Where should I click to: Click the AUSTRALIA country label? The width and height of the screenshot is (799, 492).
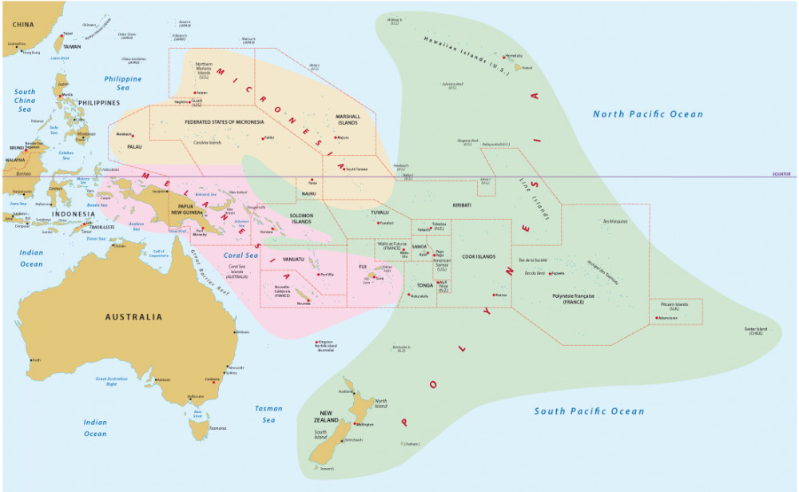[133, 317]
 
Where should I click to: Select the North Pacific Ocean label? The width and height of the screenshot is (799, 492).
[648, 114]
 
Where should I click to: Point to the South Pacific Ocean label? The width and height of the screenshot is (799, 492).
[589, 411]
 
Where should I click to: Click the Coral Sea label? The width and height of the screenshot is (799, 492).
[241, 256]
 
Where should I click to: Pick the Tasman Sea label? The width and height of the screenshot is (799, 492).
[268, 414]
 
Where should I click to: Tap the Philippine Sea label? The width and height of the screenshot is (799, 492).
[122, 84]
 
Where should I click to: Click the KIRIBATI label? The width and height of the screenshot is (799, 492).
[462, 205]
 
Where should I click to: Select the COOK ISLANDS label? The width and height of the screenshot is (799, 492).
[479, 256]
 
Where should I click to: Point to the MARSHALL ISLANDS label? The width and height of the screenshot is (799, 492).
[348, 119]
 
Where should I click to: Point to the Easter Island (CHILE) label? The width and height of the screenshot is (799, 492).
[757, 331]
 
